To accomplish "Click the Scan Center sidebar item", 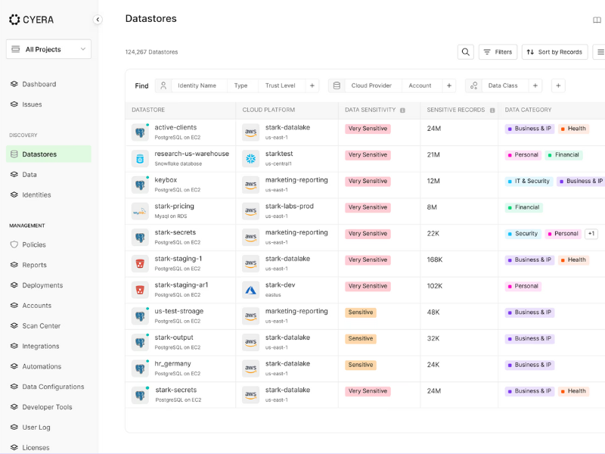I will [41, 325].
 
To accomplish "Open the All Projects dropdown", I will [48, 49].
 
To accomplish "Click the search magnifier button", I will [466, 52].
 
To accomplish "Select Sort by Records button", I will [554, 52].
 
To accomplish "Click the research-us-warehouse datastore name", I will [191, 154].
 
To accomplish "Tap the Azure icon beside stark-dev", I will [251, 289].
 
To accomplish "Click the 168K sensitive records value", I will [434, 260].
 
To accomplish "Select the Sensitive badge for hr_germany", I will [361, 365].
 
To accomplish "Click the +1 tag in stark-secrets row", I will [591, 234].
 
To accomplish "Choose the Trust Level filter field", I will [280, 86].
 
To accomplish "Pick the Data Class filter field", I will [503, 86].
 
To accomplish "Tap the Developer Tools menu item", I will [47, 407].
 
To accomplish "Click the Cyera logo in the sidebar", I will [31, 20].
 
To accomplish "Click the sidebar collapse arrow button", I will [98, 20].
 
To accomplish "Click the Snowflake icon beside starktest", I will [251, 158].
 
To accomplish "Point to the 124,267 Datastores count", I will [151, 52].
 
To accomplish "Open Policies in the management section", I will [34, 244].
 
